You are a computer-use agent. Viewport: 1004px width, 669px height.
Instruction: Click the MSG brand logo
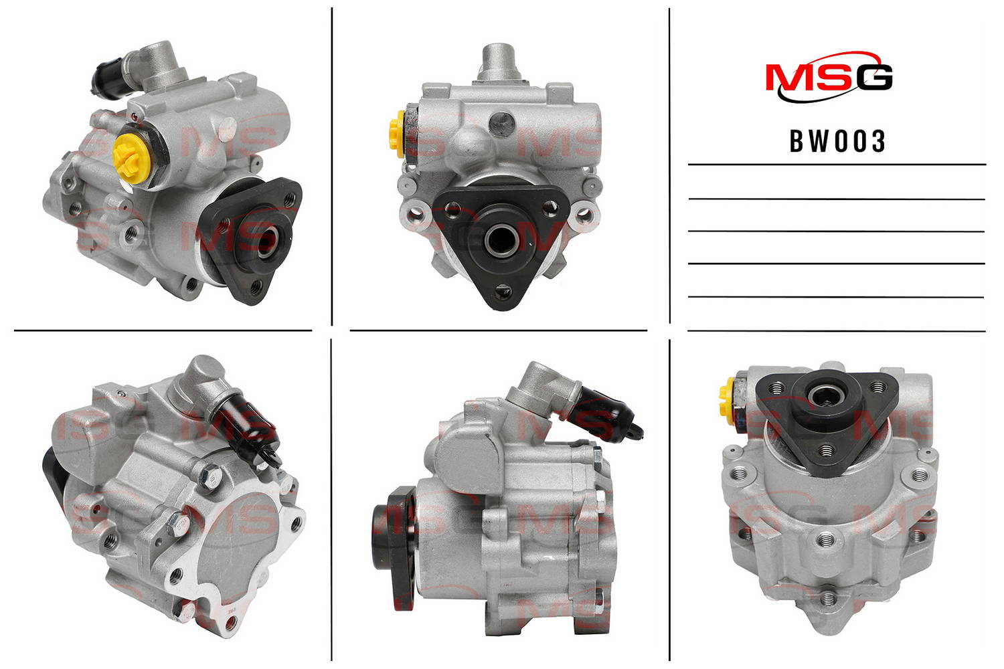click(x=829, y=77)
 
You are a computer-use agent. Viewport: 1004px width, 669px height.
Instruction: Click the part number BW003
click(x=837, y=141)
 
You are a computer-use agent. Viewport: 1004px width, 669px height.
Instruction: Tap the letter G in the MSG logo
click(x=873, y=78)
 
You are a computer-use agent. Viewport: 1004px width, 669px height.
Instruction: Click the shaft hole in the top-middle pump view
click(x=499, y=239)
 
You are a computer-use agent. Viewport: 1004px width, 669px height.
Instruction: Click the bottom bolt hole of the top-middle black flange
click(x=501, y=292)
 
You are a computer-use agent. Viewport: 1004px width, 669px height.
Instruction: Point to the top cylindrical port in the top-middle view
click(x=499, y=61)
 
